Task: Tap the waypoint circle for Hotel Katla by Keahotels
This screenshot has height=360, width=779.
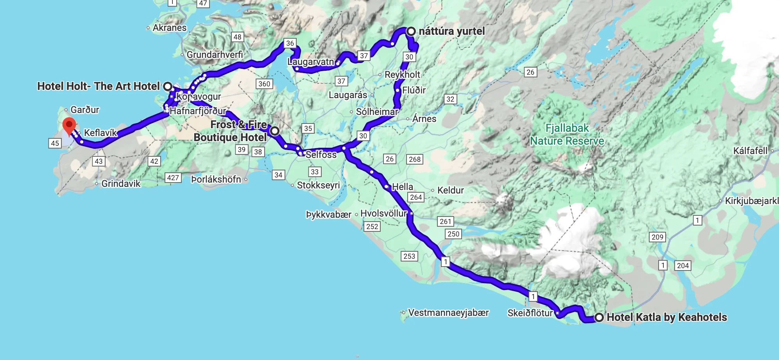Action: click(x=599, y=317)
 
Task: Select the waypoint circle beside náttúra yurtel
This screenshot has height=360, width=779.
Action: click(x=411, y=31)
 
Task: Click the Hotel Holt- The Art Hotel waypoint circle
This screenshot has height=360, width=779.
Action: click(x=168, y=86)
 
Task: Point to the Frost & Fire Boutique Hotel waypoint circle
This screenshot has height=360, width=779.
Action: click(x=275, y=131)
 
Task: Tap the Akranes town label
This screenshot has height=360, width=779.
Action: click(x=169, y=28)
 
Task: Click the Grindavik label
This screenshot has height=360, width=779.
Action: click(x=120, y=183)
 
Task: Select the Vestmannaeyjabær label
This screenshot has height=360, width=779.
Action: click(x=448, y=313)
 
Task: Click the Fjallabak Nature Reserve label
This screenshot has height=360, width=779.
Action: click(x=567, y=134)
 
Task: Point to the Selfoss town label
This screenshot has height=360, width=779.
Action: click(x=321, y=154)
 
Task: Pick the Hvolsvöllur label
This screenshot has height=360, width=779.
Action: click(x=383, y=213)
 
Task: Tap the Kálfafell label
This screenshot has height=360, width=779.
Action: click(x=750, y=151)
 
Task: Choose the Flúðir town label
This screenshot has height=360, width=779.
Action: click(x=414, y=90)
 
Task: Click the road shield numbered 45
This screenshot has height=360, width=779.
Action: click(x=55, y=143)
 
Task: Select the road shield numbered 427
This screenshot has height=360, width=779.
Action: click(x=173, y=178)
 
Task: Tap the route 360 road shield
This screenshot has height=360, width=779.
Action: click(x=264, y=84)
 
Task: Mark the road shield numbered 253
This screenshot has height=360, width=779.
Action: click(x=409, y=256)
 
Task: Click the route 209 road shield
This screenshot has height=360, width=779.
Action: click(x=657, y=237)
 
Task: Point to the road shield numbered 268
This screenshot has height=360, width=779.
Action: click(x=414, y=159)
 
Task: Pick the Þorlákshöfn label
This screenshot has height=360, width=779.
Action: click(x=216, y=179)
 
